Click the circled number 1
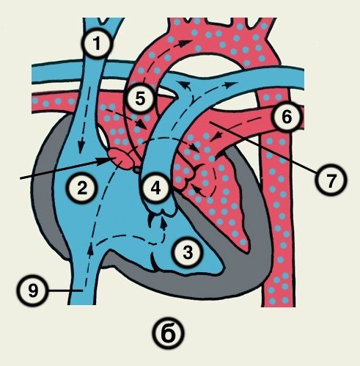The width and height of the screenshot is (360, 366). point(98,44)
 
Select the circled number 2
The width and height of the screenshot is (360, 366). point(82,189)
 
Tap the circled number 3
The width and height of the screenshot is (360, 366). point(188,252)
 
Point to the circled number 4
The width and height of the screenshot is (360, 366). point(155,188)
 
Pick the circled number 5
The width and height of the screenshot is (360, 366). point(140,99)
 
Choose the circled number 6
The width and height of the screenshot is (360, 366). point(287,117)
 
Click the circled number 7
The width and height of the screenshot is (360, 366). point(331,180)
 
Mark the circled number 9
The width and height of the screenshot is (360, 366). point(33,290)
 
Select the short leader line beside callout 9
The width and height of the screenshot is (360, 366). point(65,290)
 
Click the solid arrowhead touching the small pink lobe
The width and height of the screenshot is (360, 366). point(103,161)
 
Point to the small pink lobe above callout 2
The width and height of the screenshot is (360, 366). point(122,158)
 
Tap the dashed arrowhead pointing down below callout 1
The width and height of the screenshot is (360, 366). point(81,148)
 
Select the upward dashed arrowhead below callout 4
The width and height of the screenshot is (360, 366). point(164,222)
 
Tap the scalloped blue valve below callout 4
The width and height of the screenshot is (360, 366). point(162,211)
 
